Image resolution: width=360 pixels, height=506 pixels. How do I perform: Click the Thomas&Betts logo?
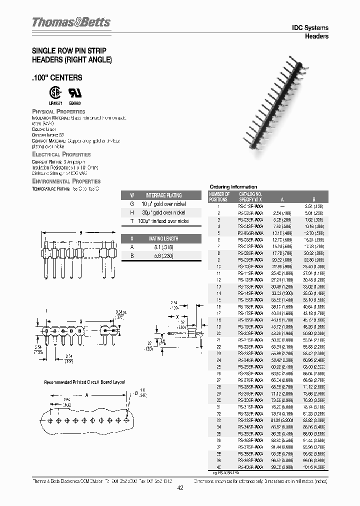pyautogui.click(x=71, y=22)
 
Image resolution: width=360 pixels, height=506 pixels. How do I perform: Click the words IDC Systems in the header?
pyautogui.click(x=309, y=28)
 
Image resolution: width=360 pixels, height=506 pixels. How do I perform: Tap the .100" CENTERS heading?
pyautogui.click(x=57, y=78)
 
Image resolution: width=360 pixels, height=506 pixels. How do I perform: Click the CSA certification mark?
pyautogui.click(x=53, y=94)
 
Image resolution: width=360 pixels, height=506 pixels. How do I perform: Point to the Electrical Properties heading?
pyautogui.click(x=61, y=155)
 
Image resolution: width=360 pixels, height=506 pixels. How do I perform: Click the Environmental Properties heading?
pyautogui.click(x=66, y=181)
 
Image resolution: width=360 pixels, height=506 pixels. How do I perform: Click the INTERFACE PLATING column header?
pyautogui.click(x=163, y=195)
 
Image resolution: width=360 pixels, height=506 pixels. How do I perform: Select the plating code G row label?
pyautogui.click(x=132, y=204)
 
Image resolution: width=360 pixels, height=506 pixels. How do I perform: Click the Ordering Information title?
pyautogui.click(x=233, y=186)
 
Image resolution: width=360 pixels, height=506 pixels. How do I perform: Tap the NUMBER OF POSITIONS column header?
pyautogui.click(x=219, y=196)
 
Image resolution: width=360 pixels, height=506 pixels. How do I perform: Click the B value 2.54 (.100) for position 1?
pyautogui.click(x=314, y=206)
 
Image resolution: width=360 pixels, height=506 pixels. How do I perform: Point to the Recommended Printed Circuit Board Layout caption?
pyautogui.click(x=84, y=382)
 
